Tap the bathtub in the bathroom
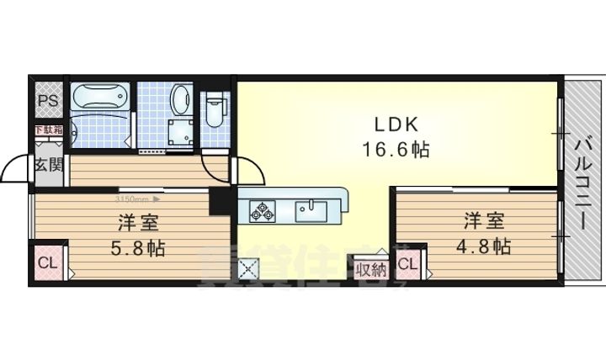point(99,98)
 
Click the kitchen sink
point(311,209)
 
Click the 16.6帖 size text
point(397,151)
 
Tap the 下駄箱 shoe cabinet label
point(48,130)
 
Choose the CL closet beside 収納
point(407,265)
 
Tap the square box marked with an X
point(250,268)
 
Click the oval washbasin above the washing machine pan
point(180,101)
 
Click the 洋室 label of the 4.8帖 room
point(482,222)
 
